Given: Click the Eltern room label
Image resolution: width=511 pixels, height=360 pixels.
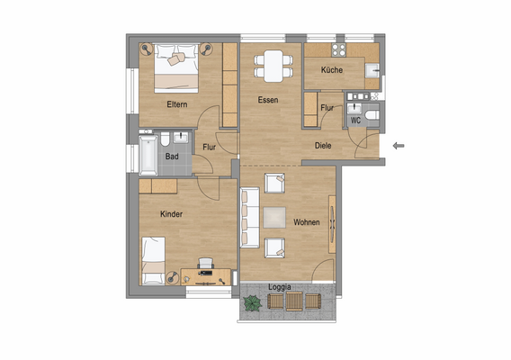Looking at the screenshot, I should [x=176, y=104].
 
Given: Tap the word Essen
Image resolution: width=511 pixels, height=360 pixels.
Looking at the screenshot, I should [x=267, y=100].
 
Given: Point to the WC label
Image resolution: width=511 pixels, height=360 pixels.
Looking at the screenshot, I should [x=356, y=119].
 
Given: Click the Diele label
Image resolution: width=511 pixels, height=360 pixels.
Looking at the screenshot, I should [x=324, y=145].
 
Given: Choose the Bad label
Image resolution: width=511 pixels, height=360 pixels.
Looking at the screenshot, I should [x=173, y=157].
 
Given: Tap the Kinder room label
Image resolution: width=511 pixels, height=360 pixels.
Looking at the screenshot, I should [x=172, y=214].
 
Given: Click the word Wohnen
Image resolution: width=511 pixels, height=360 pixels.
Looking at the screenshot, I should [x=307, y=221].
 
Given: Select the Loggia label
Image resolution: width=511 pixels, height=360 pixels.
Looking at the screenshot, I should [x=280, y=287].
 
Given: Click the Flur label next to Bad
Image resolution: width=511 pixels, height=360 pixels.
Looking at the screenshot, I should [x=209, y=147].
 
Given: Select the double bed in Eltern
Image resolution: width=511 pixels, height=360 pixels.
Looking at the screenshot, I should [x=176, y=67].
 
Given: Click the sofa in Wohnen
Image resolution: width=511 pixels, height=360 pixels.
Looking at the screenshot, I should [x=248, y=217].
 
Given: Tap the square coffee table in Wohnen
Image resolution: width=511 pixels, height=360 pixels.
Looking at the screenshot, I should [x=274, y=216].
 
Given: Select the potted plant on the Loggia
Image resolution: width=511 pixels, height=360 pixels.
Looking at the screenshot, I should [x=252, y=304].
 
